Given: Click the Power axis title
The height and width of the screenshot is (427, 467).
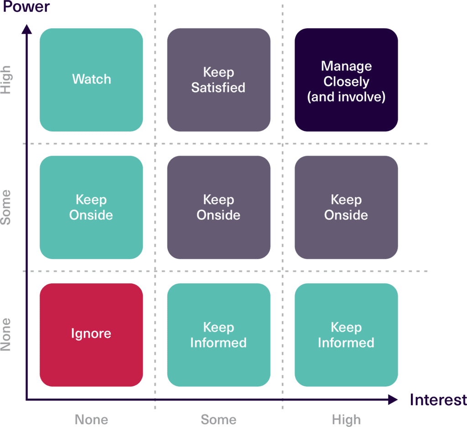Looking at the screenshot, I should coord(26,8).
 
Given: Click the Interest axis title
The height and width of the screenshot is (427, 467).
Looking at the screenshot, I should coord(438,400).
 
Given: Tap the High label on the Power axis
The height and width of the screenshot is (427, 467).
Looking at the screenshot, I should coord(6,80).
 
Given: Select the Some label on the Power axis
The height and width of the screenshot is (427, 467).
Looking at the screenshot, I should coord(6,207).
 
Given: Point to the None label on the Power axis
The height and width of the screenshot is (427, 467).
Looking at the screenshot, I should coord(6,334).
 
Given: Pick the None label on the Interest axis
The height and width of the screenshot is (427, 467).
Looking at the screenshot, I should coord(91,419).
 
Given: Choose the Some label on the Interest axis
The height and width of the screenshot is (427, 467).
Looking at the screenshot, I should coord(218,419).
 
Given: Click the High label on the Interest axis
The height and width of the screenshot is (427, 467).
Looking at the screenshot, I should coord(346,419).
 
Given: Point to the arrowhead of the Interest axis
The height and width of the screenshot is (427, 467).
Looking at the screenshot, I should coord(393,400).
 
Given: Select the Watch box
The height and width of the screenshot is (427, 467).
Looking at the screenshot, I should coord(91,80).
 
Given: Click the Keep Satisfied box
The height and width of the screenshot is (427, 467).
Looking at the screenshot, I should coord(218,80).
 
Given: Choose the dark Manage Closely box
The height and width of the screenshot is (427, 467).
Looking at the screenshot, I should coord(346,80).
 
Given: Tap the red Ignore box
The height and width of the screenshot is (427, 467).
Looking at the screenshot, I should coord(91,334).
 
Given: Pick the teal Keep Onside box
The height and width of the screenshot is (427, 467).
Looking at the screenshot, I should coord(91,207).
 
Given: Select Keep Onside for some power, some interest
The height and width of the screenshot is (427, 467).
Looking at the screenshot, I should coord(218,207).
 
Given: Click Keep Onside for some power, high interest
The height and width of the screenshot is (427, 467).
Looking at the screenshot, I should coord(346,207).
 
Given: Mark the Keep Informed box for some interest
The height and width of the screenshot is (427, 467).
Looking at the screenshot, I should coord(218,334).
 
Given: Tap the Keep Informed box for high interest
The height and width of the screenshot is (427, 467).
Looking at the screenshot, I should coord(346,334).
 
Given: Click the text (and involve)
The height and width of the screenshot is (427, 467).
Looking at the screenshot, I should coord(346,97).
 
